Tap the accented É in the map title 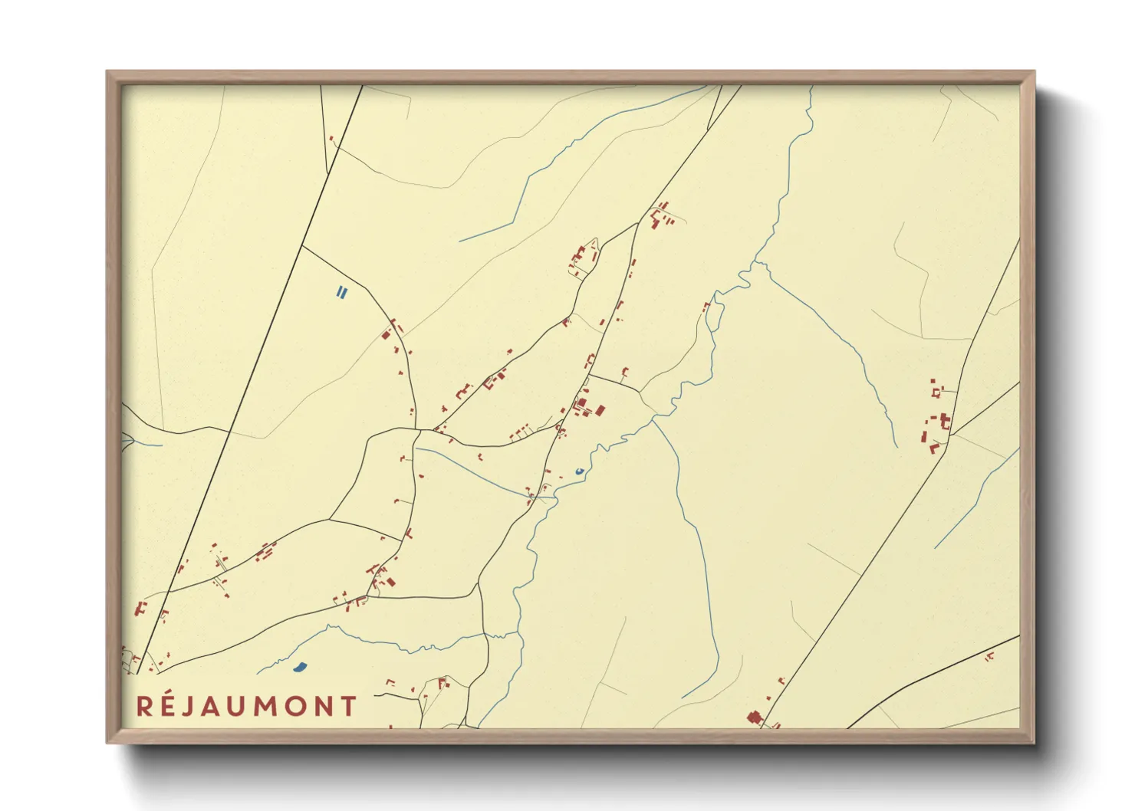click(168, 707)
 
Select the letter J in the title click(189, 707)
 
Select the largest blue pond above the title click(300, 667)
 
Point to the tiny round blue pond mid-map click(579, 471)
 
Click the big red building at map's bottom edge click(753, 717)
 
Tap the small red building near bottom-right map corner click(989, 656)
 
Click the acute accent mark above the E click(169, 694)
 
